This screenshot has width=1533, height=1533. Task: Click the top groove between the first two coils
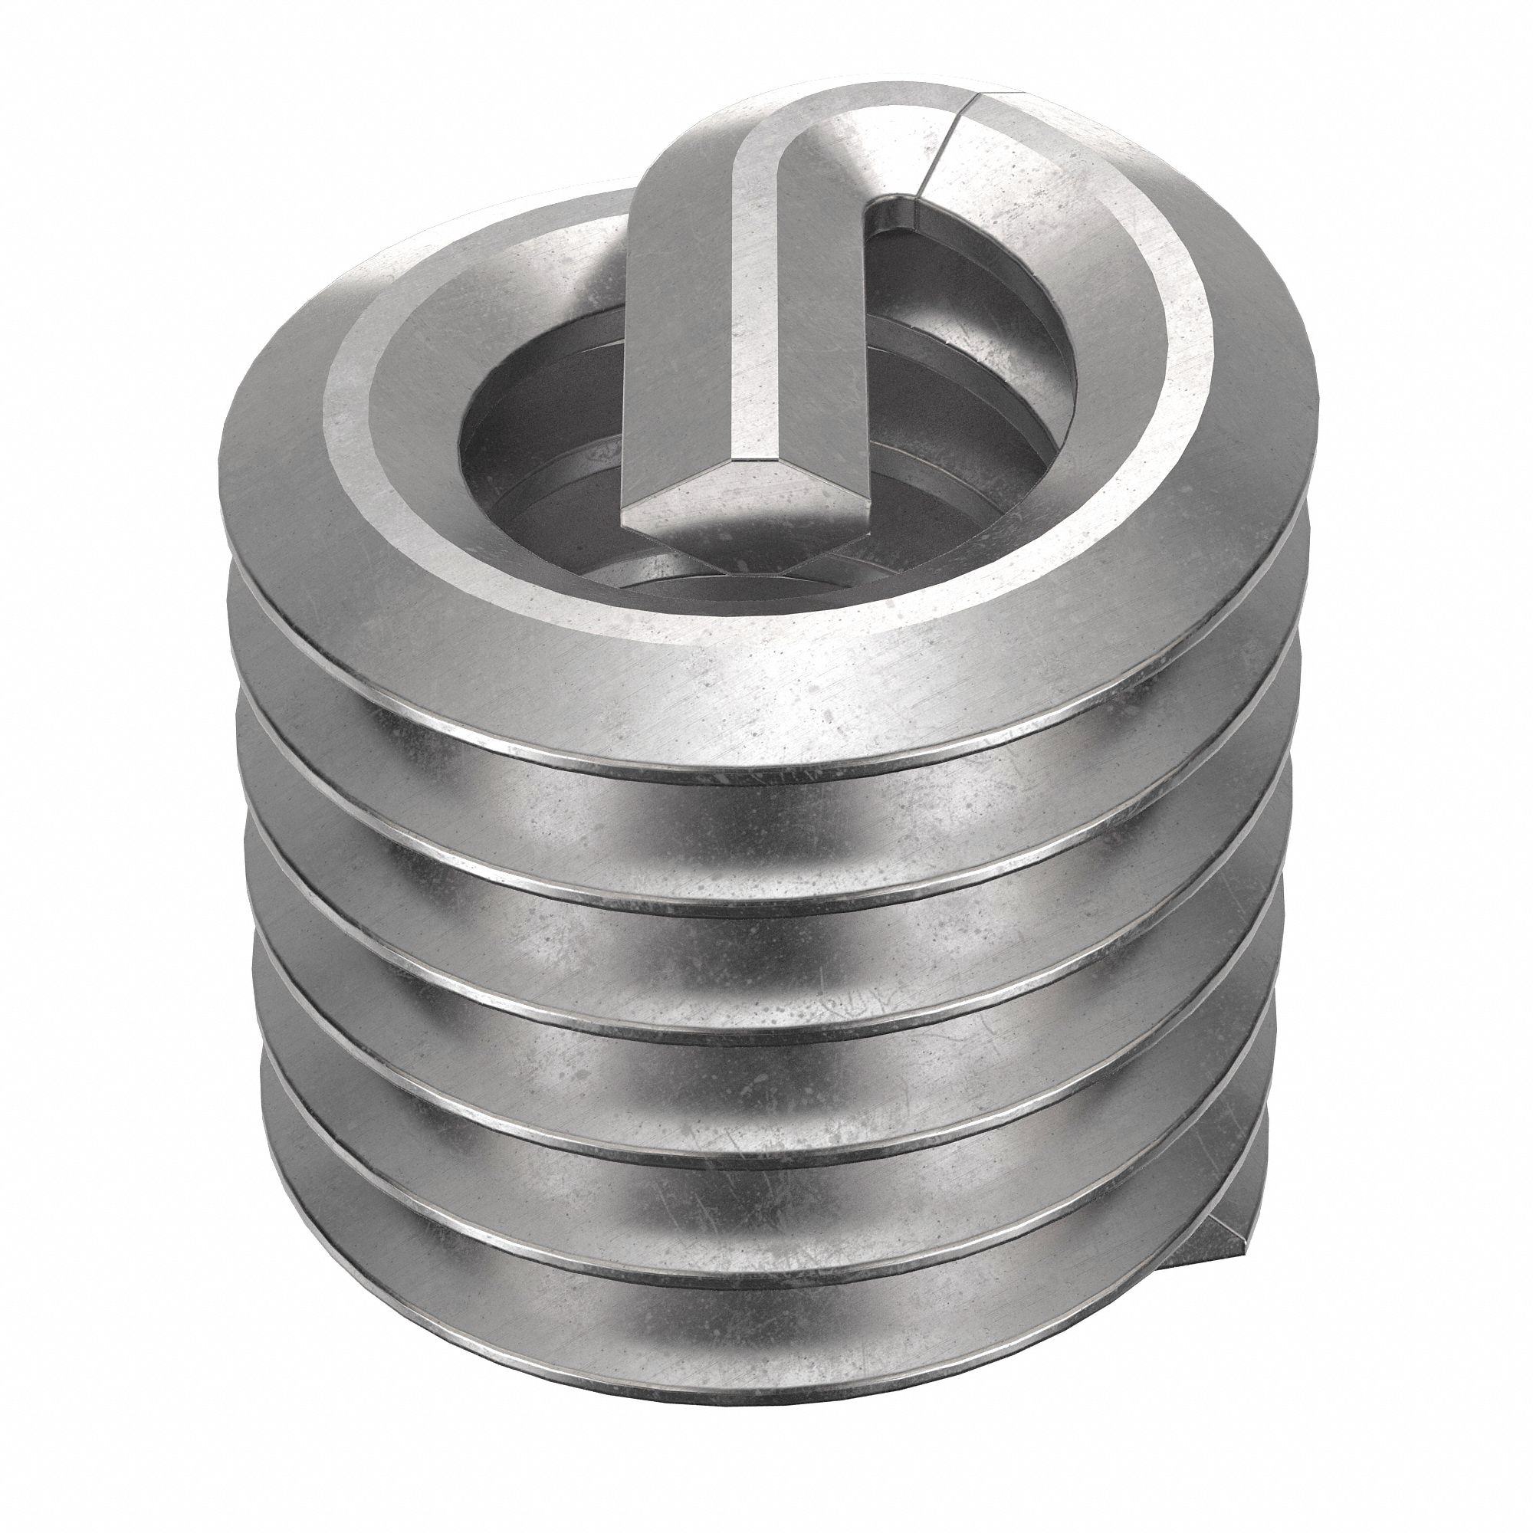click(x=762, y=833)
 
